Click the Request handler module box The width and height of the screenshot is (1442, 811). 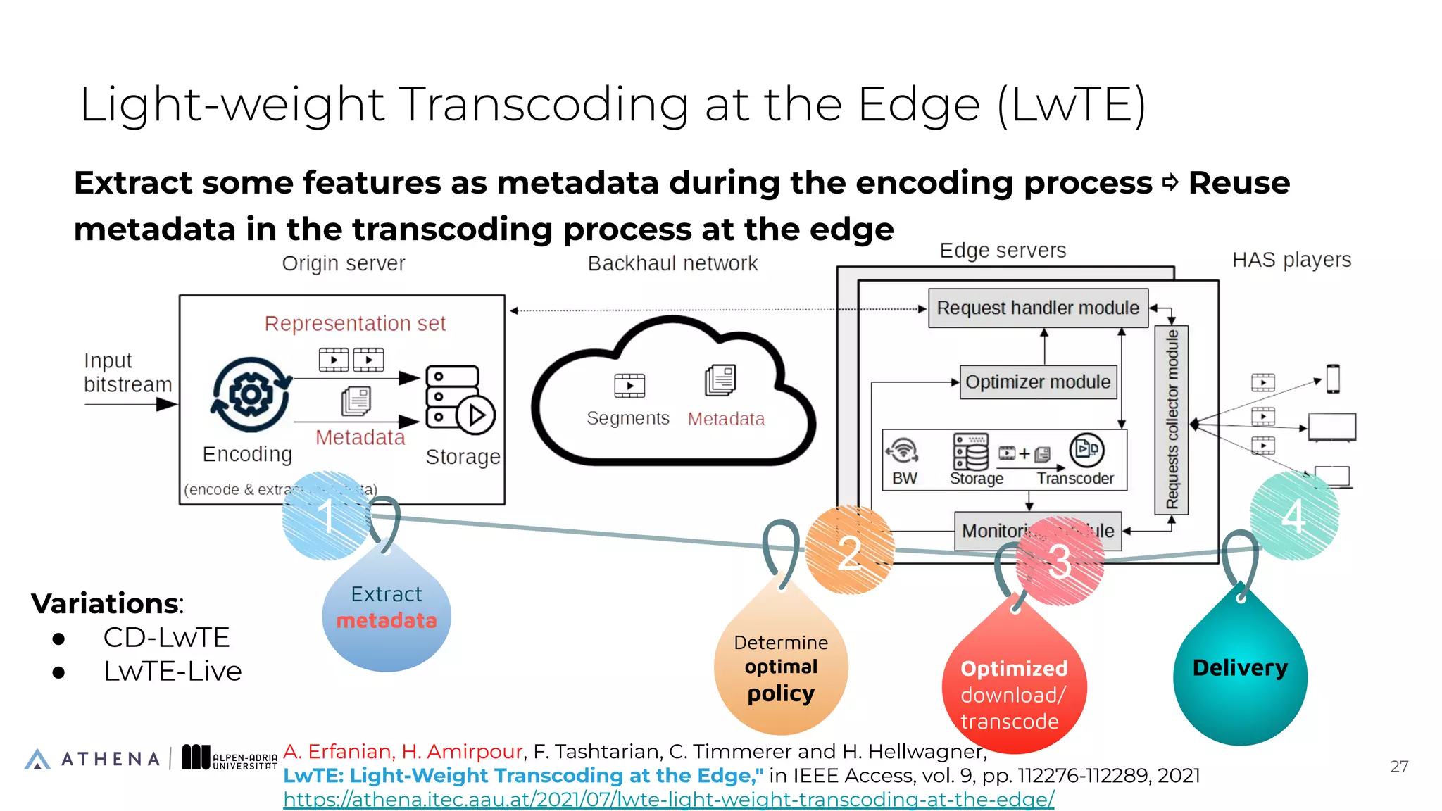click(x=1038, y=308)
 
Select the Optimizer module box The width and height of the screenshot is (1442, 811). click(x=1038, y=382)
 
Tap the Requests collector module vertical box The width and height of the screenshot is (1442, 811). click(x=1172, y=420)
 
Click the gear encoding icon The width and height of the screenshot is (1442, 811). click(x=251, y=394)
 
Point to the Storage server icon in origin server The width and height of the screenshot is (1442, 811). click(x=459, y=398)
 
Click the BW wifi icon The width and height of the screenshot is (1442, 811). click(x=903, y=451)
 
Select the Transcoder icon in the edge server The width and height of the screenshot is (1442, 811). click(x=1086, y=450)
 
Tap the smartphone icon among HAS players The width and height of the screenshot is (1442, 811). click(x=1332, y=379)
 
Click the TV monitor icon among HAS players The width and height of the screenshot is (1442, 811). click(x=1331, y=427)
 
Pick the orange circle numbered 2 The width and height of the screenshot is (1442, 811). click(x=849, y=551)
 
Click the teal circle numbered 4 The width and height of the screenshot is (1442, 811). click(x=1294, y=516)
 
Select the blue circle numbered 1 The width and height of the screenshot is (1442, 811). click(x=326, y=516)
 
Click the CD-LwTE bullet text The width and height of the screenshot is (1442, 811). click(x=166, y=638)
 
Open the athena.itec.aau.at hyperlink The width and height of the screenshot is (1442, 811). click(x=668, y=800)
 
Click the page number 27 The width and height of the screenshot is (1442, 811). click(x=1399, y=767)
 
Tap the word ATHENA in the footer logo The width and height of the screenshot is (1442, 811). click(x=111, y=759)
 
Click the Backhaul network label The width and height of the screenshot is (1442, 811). click(x=672, y=264)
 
